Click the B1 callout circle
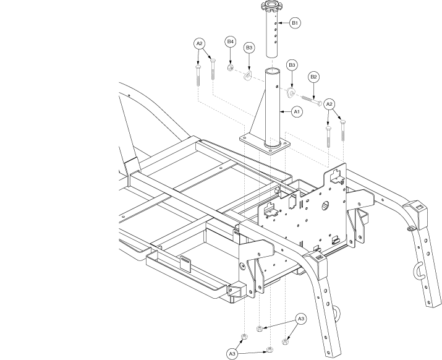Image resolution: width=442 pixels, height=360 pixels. [x=295, y=23]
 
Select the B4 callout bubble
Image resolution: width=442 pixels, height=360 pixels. [x=231, y=42]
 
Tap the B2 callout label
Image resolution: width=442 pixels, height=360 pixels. [x=313, y=77]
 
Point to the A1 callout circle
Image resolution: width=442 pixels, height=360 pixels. [x=297, y=112]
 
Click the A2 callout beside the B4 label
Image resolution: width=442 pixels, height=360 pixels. [x=199, y=43]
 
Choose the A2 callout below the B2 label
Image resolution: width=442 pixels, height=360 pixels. [x=329, y=105]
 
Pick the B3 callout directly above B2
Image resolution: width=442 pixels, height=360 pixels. [x=292, y=65]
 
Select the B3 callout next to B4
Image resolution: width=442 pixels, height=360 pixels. [x=249, y=48]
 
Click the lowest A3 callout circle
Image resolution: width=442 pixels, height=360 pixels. [x=232, y=354]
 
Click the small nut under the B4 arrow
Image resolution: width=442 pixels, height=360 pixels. [x=231, y=67]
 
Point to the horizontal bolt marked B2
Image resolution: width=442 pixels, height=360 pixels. [x=312, y=100]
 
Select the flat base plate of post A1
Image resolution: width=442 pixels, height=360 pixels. [x=265, y=144]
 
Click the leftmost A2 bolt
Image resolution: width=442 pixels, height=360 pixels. [x=198, y=75]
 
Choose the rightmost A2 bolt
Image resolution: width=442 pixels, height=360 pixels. [x=343, y=131]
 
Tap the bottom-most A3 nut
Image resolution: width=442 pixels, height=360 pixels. [x=269, y=350]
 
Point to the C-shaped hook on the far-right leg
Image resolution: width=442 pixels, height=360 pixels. [x=417, y=270]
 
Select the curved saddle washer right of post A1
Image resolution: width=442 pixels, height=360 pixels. [x=291, y=93]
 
